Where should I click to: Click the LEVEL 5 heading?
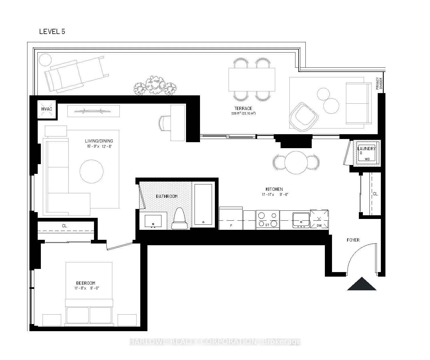(x=52, y=32)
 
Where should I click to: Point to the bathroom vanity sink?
(x=153, y=221)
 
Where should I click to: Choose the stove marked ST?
(x=268, y=220)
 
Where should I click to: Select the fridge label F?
(x=231, y=226)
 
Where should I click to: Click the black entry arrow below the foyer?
(x=362, y=284)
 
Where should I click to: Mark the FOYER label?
(x=353, y=240)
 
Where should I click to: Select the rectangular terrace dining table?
(x=252, y=79)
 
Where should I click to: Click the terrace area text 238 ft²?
(x=243, y=113)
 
